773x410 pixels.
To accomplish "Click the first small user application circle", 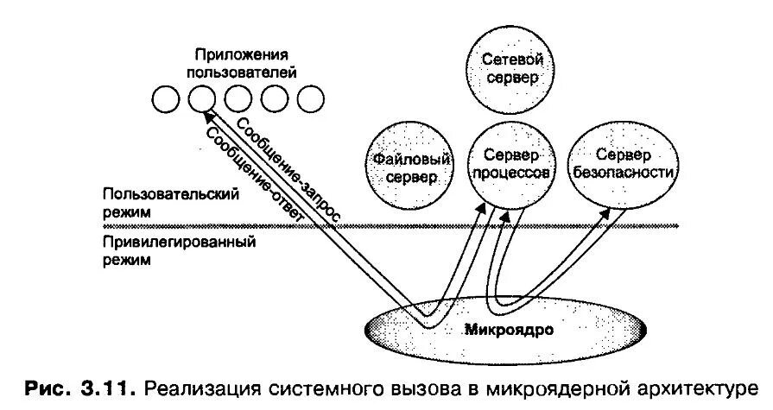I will tap(164, 99).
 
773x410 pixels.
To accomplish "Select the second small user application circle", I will tap(200, 99).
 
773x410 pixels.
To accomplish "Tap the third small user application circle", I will tap(237, 99).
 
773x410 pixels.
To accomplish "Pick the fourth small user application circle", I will tap(273, 99).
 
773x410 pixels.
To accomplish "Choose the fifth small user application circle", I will tap(309, 99).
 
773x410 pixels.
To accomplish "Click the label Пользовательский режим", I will tap(168, 203).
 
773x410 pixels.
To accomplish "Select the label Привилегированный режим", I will tap(177, 249).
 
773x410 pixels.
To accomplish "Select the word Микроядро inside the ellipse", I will tap(508, 330).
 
